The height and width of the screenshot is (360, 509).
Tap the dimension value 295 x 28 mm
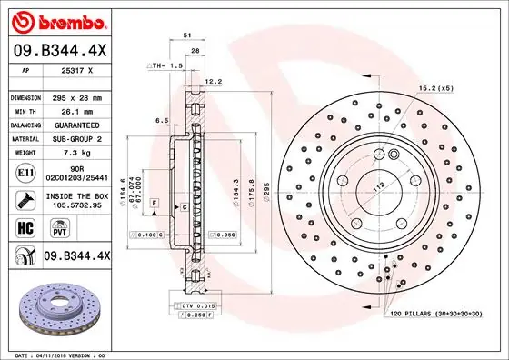tap(76, 96)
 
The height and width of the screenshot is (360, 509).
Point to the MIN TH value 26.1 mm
tap(76, 110)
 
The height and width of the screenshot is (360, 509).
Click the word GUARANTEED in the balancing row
tap(76, 125)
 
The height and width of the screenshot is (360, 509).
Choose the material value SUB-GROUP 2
tap(76, 139)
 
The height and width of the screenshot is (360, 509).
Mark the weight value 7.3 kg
tap(76, 154)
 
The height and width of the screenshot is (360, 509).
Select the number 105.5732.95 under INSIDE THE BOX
tap(76, 205)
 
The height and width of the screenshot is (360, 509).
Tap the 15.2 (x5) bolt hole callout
tap(434, 88)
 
